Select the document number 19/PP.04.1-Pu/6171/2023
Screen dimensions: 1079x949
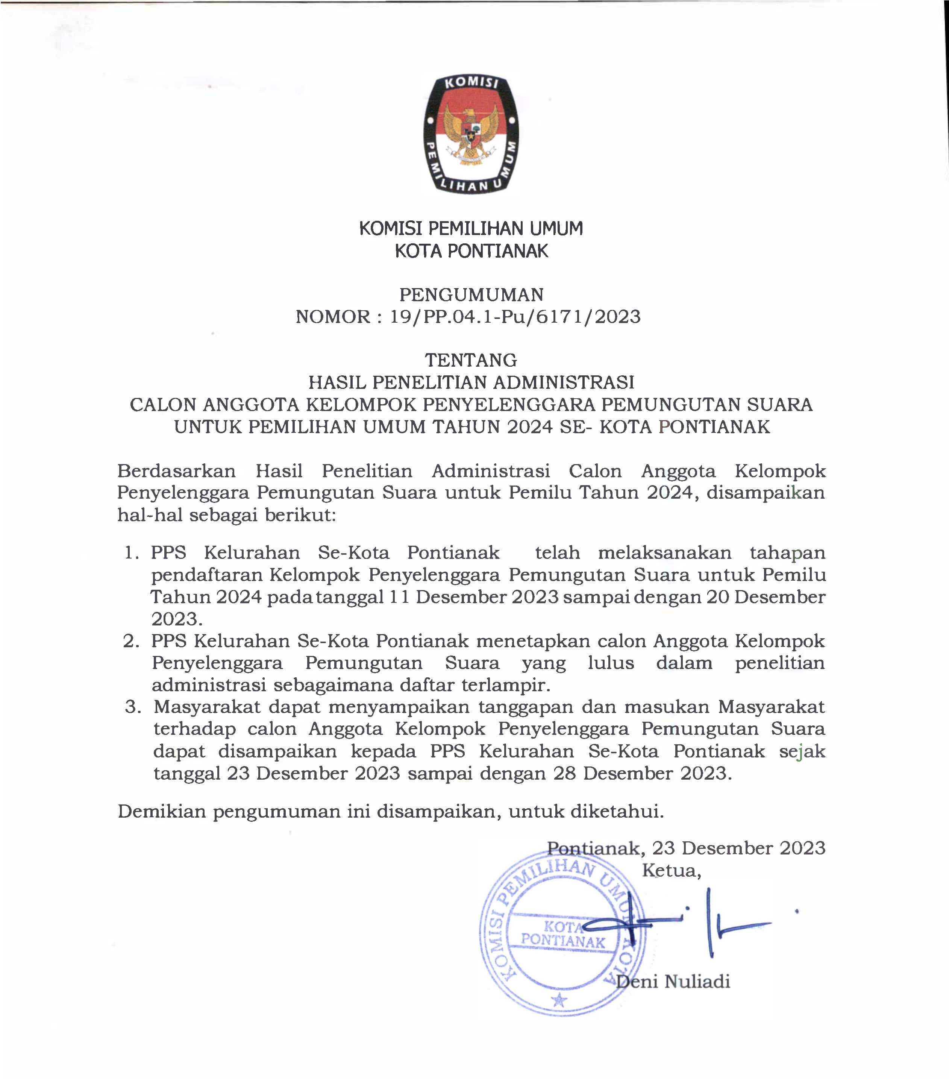coord(515,317)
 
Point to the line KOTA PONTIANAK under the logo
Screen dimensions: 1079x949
coord(471,251)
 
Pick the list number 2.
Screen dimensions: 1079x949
coord(131,641)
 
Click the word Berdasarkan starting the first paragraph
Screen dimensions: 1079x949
coord(176,471)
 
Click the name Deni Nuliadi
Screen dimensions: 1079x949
coord(673,981)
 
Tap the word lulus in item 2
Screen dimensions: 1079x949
coord(611,663)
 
